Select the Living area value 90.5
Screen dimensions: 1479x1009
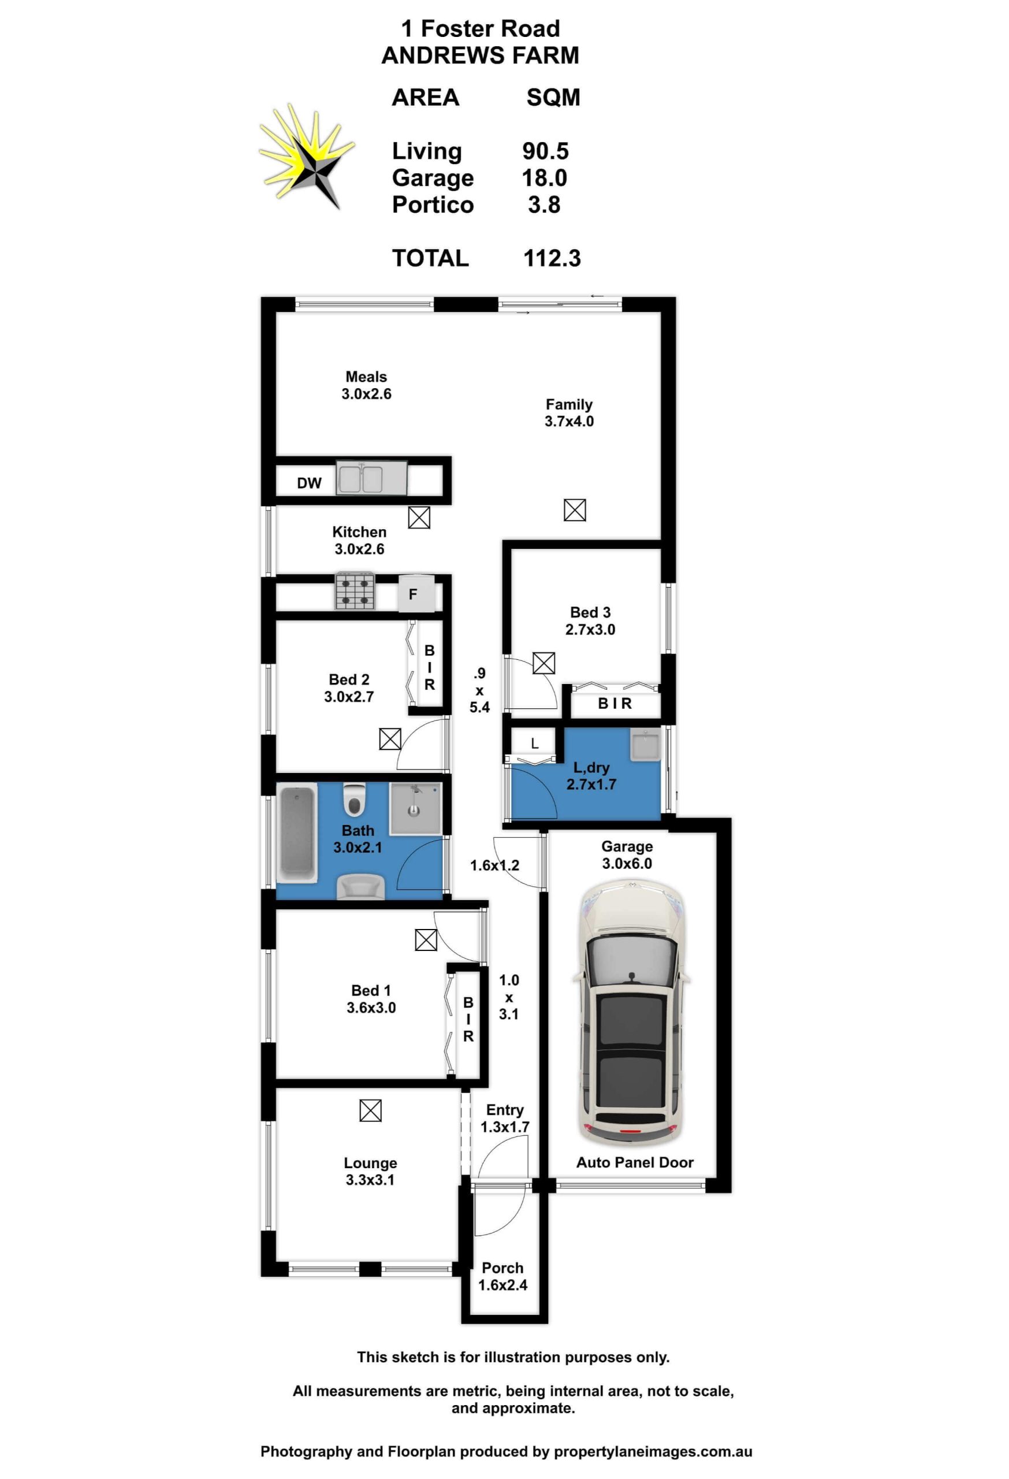click(x=545, y=151)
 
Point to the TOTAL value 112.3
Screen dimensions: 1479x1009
click(x=552, y=258)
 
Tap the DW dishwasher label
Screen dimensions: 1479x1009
click(x=309, y=483)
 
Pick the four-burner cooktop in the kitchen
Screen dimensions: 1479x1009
click(x=355, y=591)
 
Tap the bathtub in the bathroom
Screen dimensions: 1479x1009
click(x=297, y=833)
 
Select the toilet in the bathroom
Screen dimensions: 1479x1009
click(x=355, y=800)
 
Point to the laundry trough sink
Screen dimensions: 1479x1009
click(x=646, y=745)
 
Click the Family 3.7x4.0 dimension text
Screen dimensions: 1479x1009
click(x=569, y=421)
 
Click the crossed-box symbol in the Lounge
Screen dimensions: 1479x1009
click(x=370, y=1110)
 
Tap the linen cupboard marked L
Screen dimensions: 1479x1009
click(x=534, y=744)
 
